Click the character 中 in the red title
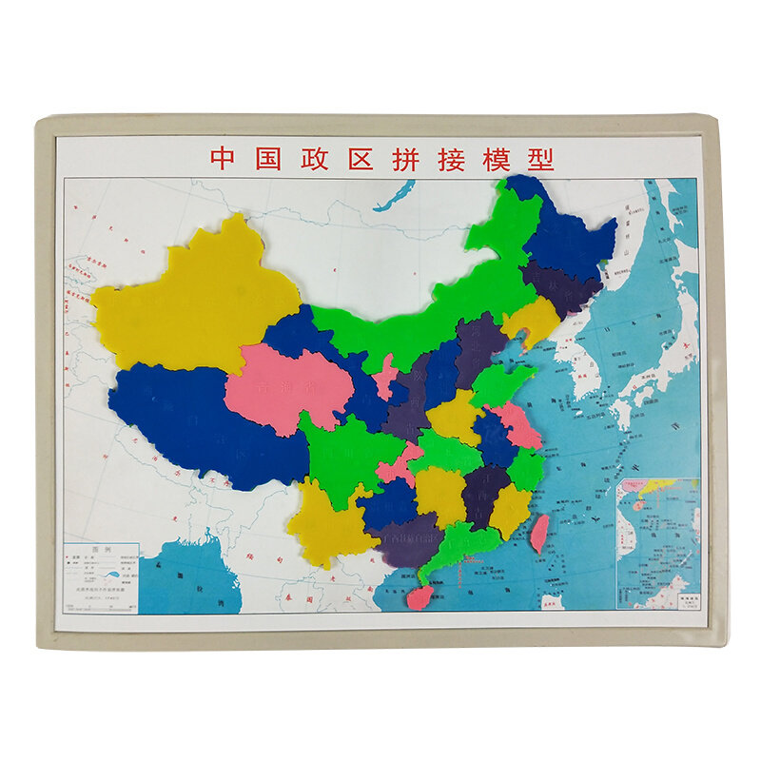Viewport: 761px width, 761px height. click(222, 158)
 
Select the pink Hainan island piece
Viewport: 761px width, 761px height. click(419, 596)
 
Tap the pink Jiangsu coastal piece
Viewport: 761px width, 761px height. click(518, 428)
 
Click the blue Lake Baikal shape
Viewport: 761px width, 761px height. click(393, 196)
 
